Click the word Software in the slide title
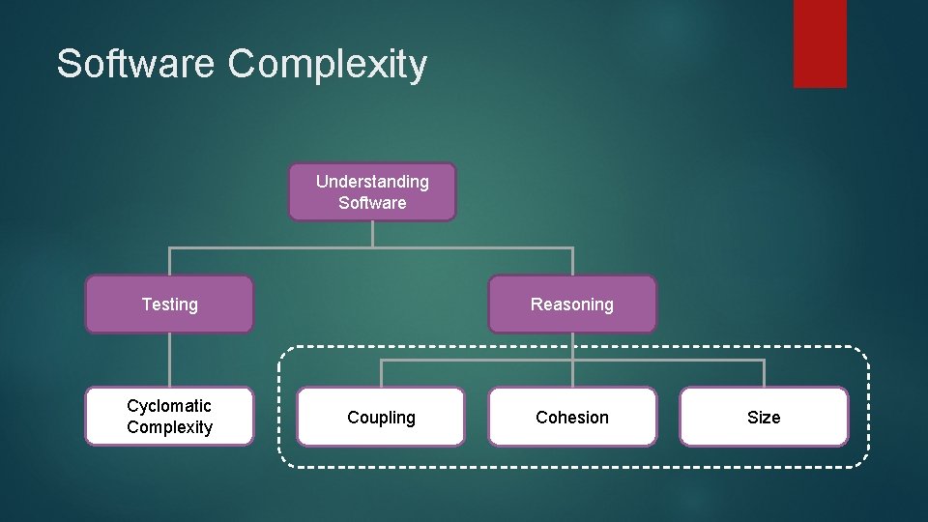click(136, 64)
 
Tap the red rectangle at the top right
click(820, 43)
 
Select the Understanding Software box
click(372, 192)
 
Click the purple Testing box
click(169, 304)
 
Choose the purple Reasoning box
click(572, 304)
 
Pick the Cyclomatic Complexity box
click(169, 417)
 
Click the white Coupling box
click(381, 418)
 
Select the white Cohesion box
click(572, 418)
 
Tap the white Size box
click(764, 418)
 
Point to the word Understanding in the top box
click(372, 182)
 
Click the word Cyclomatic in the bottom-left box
click(169, 406)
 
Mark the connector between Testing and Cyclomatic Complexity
click(169, 360)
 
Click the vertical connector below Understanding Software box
click(372, 234)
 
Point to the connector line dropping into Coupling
click(381, 374)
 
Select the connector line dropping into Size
click(764, 374)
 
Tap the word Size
click(764, 418)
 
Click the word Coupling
click(381, 418)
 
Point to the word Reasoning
click(572, 304)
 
